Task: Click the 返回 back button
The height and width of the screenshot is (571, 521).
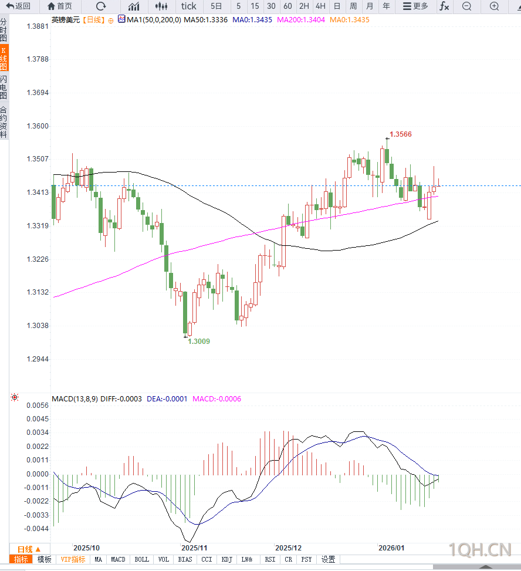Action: tap(19, 6)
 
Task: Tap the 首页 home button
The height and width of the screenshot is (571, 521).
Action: tap(60, 6)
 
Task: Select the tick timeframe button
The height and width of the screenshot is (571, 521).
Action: tap(189, 6)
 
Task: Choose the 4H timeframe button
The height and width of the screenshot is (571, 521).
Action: tap(320, 6)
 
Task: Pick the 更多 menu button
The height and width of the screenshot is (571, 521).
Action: tap(415, 6)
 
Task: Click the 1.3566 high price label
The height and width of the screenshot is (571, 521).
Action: tap(401, 134)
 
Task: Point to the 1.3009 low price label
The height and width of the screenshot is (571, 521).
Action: tap(199, 341)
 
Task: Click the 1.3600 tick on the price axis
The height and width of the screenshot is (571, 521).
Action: tap(38, 126)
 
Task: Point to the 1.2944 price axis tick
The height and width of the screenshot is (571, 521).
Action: tap(38, 359)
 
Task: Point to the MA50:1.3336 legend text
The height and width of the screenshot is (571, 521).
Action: tap(206, 19)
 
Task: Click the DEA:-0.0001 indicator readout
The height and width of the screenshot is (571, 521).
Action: tap(167, 399)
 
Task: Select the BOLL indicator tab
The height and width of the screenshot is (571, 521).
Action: tap(142, 560)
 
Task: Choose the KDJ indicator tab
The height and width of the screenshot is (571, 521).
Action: tap(226, 560)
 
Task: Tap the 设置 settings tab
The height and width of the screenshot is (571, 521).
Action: tap(328, 560)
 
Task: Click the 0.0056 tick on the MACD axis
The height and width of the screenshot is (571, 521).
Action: tap(38, 406)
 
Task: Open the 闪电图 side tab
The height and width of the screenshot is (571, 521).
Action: tap(4, 87)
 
